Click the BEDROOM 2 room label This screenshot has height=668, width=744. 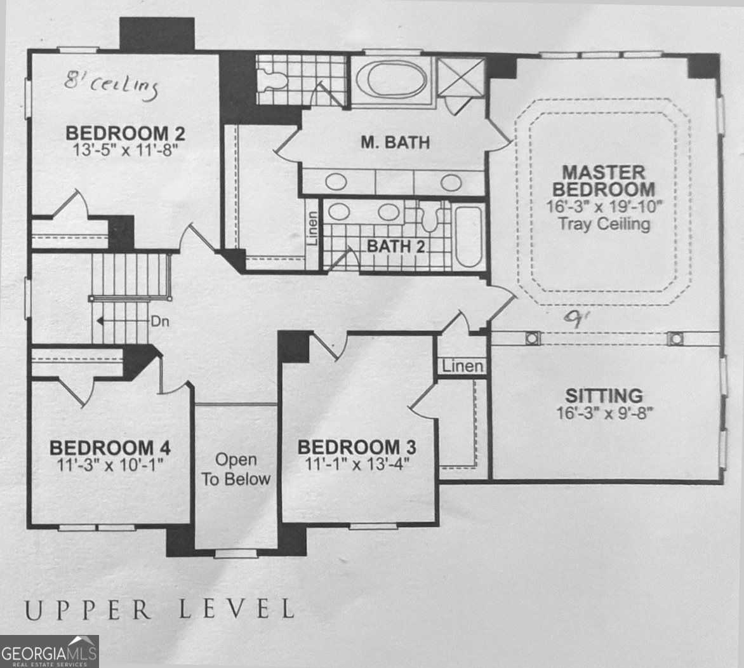tap(125, 133)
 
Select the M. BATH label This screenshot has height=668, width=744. tap(395, 142)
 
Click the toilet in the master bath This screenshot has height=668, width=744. tap(273, 79)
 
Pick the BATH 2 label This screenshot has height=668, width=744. tap(396, 246)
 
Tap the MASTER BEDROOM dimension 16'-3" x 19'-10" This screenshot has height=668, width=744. tap(604, 206)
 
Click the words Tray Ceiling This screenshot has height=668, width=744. tap(604, 223)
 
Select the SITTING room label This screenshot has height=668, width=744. tap(604, 396)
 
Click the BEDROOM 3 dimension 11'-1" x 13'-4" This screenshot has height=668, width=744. tap(357, 464)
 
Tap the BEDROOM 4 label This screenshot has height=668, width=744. tap(110, 448)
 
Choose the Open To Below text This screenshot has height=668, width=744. tap(236, 469)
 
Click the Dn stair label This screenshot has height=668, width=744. tap(160, 321)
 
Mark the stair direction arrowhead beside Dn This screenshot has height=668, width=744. tap(100, 321)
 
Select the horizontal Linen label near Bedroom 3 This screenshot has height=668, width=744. tap(463, 366)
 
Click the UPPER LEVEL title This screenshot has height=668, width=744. tap(159, 609)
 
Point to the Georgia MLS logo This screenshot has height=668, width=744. tap(50, 651)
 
